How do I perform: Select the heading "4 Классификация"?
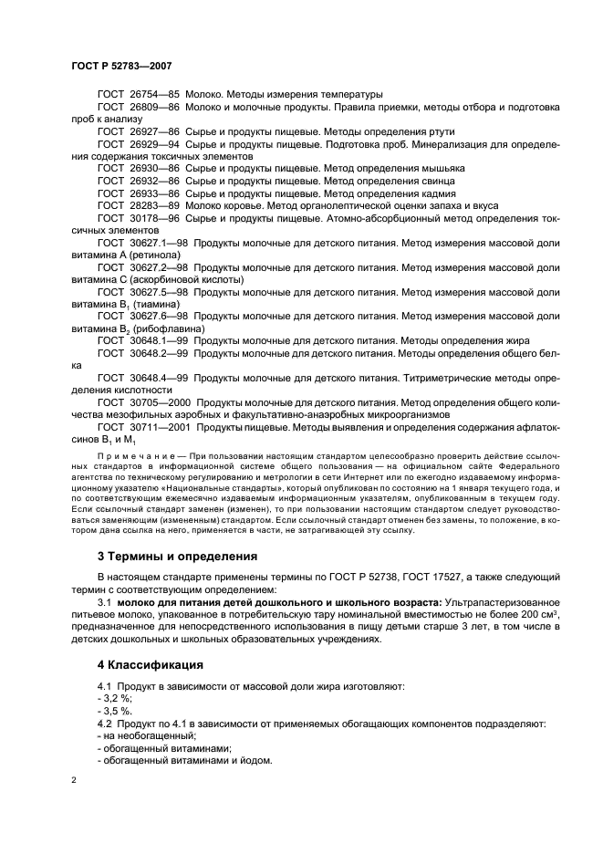pyautogui.click(x=151, y=664)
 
